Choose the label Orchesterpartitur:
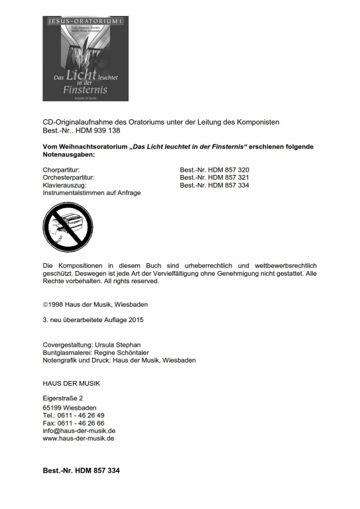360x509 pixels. tap(68, 178)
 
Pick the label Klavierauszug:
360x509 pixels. tap(64, 186)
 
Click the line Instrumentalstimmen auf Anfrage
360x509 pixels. tap(91, 193)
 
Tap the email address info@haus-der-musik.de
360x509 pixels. tap(79, 430)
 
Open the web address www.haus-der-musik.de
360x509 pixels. tap(78, 438)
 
